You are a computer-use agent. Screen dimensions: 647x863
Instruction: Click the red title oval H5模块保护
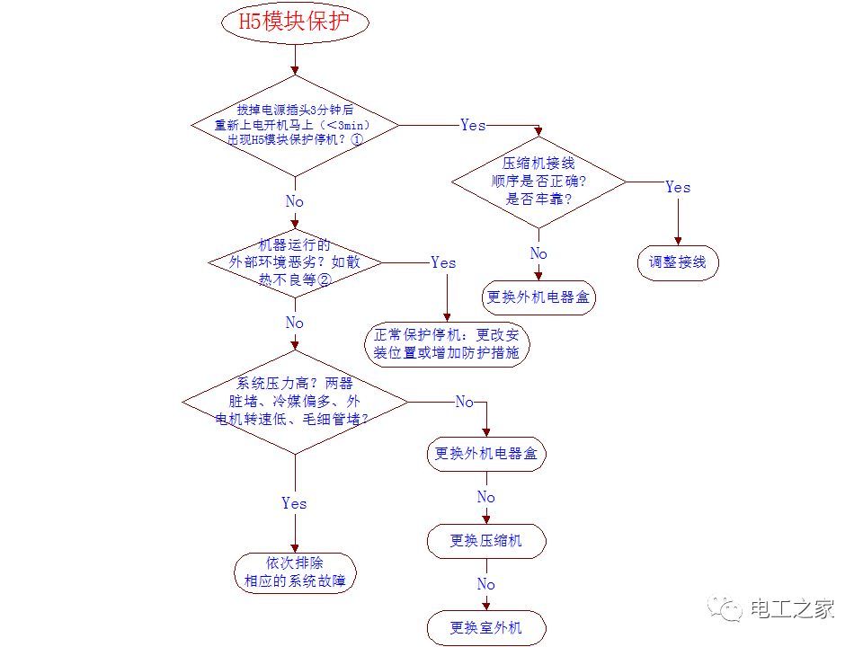coord(295,23)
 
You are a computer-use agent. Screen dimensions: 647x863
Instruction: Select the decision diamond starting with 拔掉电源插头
coord(295,125)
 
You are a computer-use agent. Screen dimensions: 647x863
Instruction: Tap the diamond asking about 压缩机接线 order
coord(538,182)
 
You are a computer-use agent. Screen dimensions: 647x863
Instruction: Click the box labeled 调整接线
coord(678,263)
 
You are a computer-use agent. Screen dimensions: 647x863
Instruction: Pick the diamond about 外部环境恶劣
coord(295,262)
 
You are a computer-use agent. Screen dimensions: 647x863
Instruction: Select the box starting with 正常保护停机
coord(447,344)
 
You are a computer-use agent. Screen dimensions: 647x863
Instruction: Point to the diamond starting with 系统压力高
coord(295,401)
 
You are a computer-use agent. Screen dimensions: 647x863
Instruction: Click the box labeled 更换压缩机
coord(486,540)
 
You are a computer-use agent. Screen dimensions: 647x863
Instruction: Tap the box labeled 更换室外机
coord(486,627)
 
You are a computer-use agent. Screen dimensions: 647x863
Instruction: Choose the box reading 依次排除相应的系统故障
coord(295,572)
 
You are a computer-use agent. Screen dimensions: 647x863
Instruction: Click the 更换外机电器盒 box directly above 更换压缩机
coord(486,454)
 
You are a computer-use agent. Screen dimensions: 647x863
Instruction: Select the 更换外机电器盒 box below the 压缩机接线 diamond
coord(538,297)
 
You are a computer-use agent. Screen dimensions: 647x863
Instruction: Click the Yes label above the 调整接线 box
coord(678,187)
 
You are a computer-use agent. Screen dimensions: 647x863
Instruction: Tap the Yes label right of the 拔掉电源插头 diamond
coord(473,125)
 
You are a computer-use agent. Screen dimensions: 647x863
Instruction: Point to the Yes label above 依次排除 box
coord(294,503)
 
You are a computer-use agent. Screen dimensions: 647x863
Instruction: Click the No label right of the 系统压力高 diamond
coord(464,402)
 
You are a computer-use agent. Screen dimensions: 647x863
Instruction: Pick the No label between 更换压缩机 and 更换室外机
coord(486,584)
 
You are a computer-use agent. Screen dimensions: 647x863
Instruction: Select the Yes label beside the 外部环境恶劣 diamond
coord(443,262)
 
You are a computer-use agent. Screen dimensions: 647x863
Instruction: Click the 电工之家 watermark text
coord(792,608)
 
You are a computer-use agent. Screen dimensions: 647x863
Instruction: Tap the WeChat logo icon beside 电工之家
coord(725,610)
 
